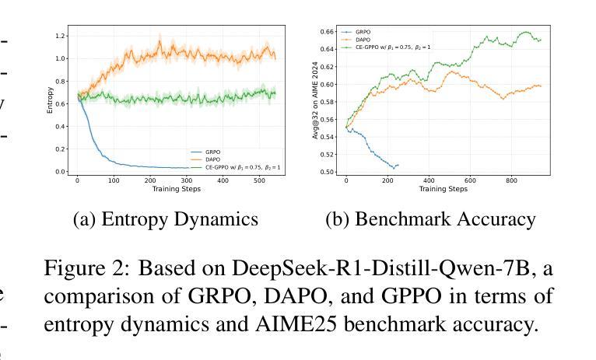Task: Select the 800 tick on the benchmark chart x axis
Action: [510, 180]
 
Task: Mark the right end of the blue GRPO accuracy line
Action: [398, 165]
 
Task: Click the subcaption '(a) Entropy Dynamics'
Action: [165, 220]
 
